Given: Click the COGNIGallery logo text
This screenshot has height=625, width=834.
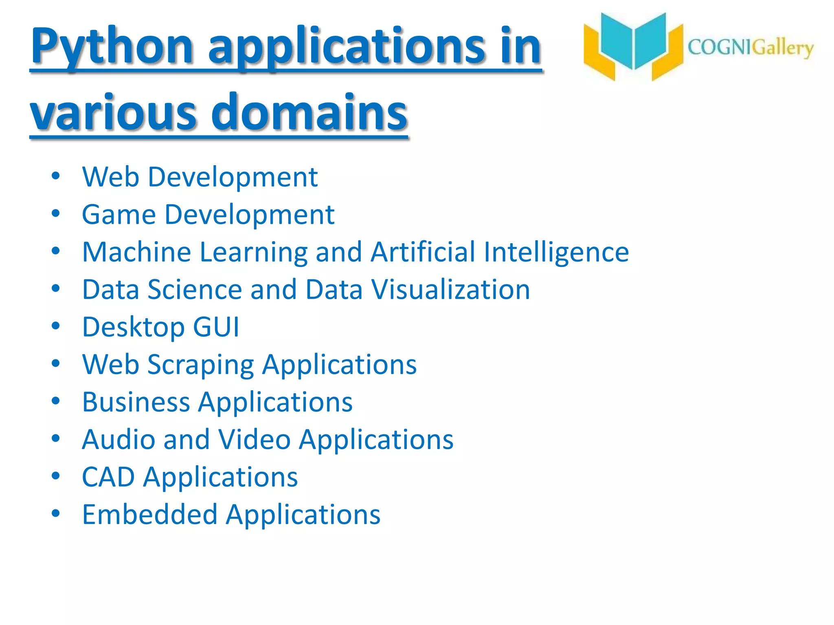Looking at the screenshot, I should coord(750,48).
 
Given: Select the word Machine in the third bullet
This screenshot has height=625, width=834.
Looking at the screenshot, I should coord(136,252).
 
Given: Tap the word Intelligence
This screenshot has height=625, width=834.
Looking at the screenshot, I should coord(556,253).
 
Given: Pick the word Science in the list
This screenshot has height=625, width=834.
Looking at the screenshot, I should coord(195,290).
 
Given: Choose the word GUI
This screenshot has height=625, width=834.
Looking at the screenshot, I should coord(216,327).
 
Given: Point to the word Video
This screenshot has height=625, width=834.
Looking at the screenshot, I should coord(254,439).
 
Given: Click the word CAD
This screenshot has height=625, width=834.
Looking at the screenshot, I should coord(108,477).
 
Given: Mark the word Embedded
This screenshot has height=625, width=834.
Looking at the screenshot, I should coord(149,514).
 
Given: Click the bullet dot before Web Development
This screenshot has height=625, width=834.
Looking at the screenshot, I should coord(56,176).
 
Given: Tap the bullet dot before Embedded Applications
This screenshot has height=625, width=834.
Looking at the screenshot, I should coord(56,513).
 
